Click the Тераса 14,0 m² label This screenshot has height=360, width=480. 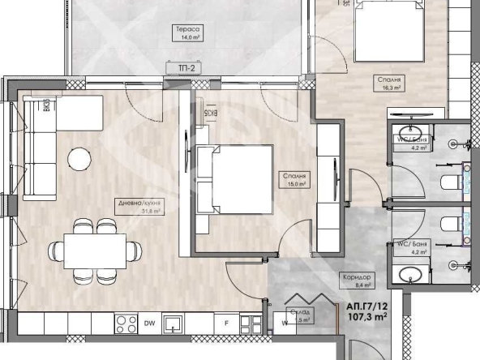point(186,32)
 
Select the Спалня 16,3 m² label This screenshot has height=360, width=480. point(390,84)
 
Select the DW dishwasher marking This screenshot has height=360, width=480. point(149,324)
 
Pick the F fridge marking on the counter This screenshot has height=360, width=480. point(226,324)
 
